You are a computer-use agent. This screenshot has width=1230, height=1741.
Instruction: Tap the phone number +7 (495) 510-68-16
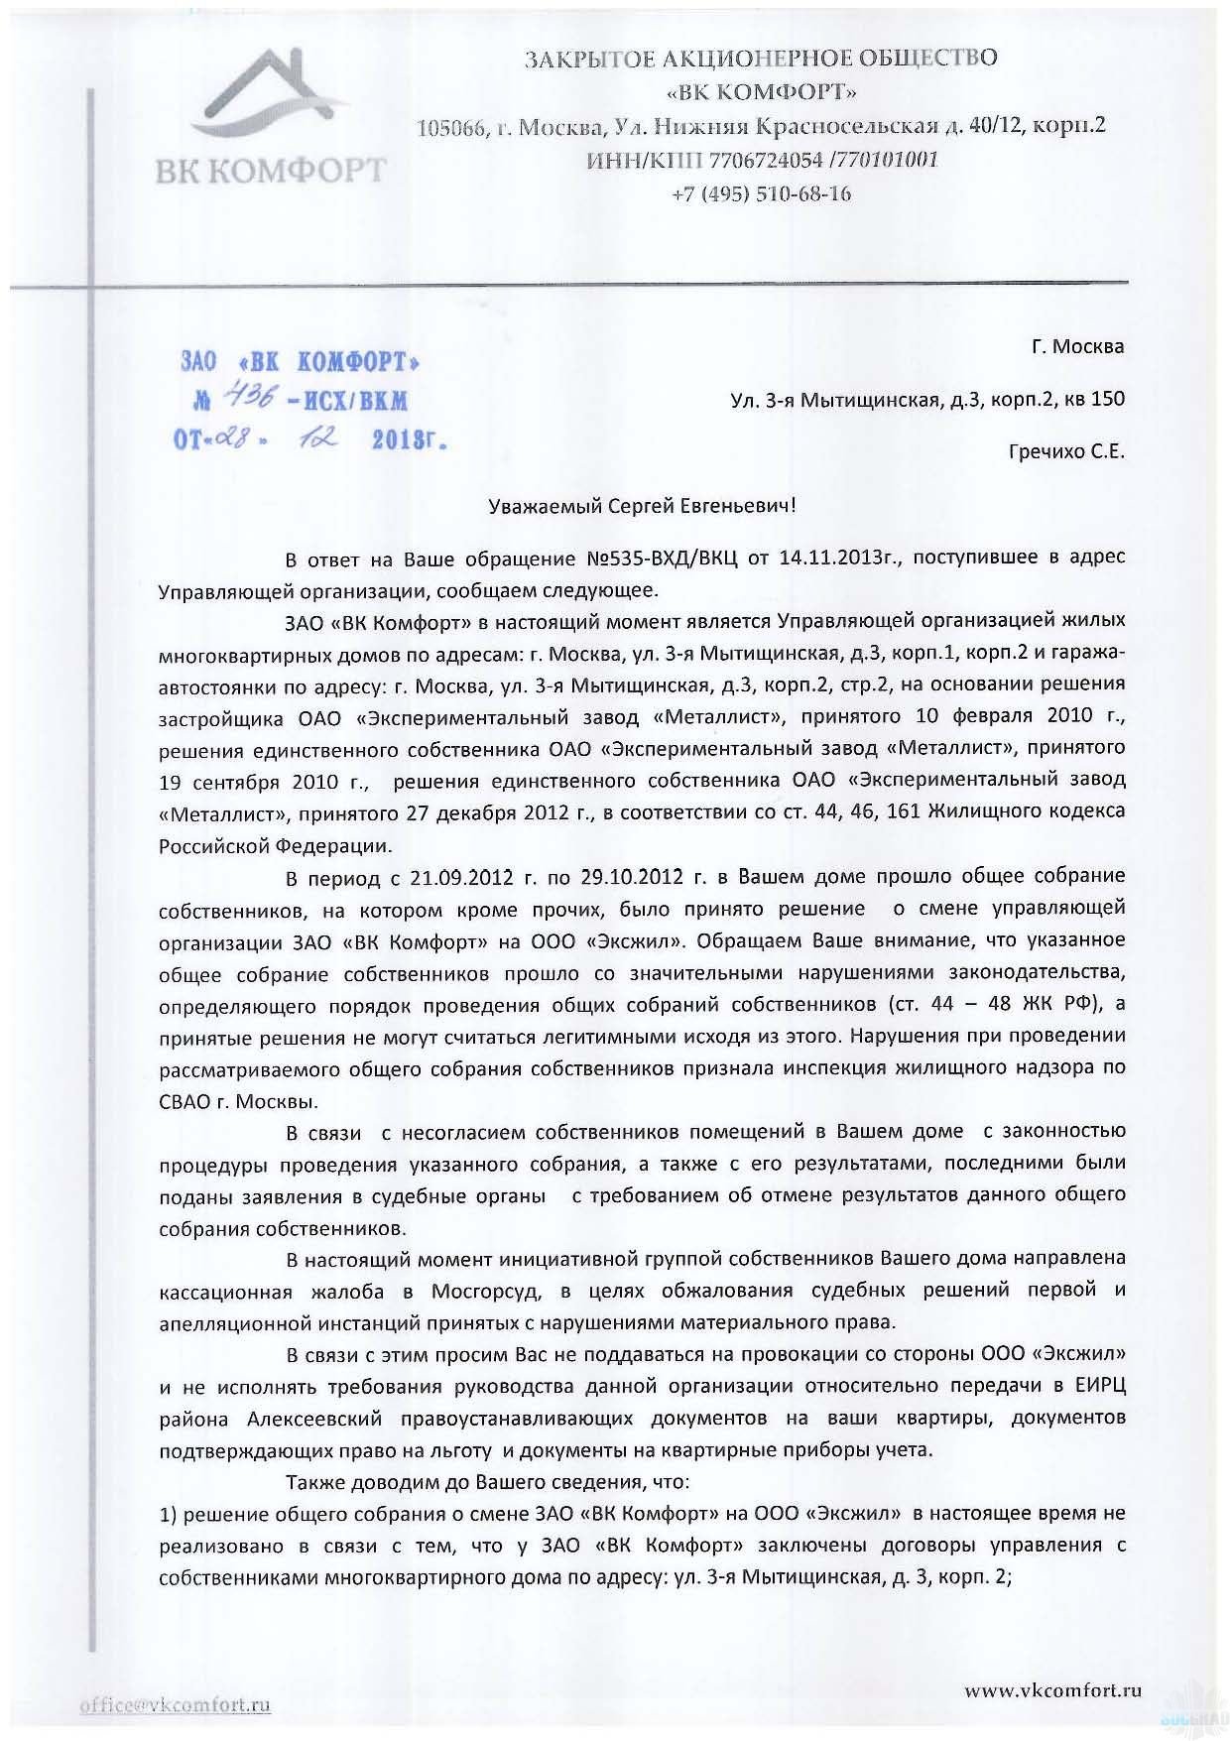(761, 193)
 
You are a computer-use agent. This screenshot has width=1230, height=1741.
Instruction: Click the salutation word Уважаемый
(548, 506)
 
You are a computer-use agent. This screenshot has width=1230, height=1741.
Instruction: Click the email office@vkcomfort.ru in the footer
(177, 1706)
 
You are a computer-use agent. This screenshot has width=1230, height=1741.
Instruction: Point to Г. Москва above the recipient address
(1077, 348)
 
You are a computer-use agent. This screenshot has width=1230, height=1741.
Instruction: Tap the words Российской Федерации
(275, 845)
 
